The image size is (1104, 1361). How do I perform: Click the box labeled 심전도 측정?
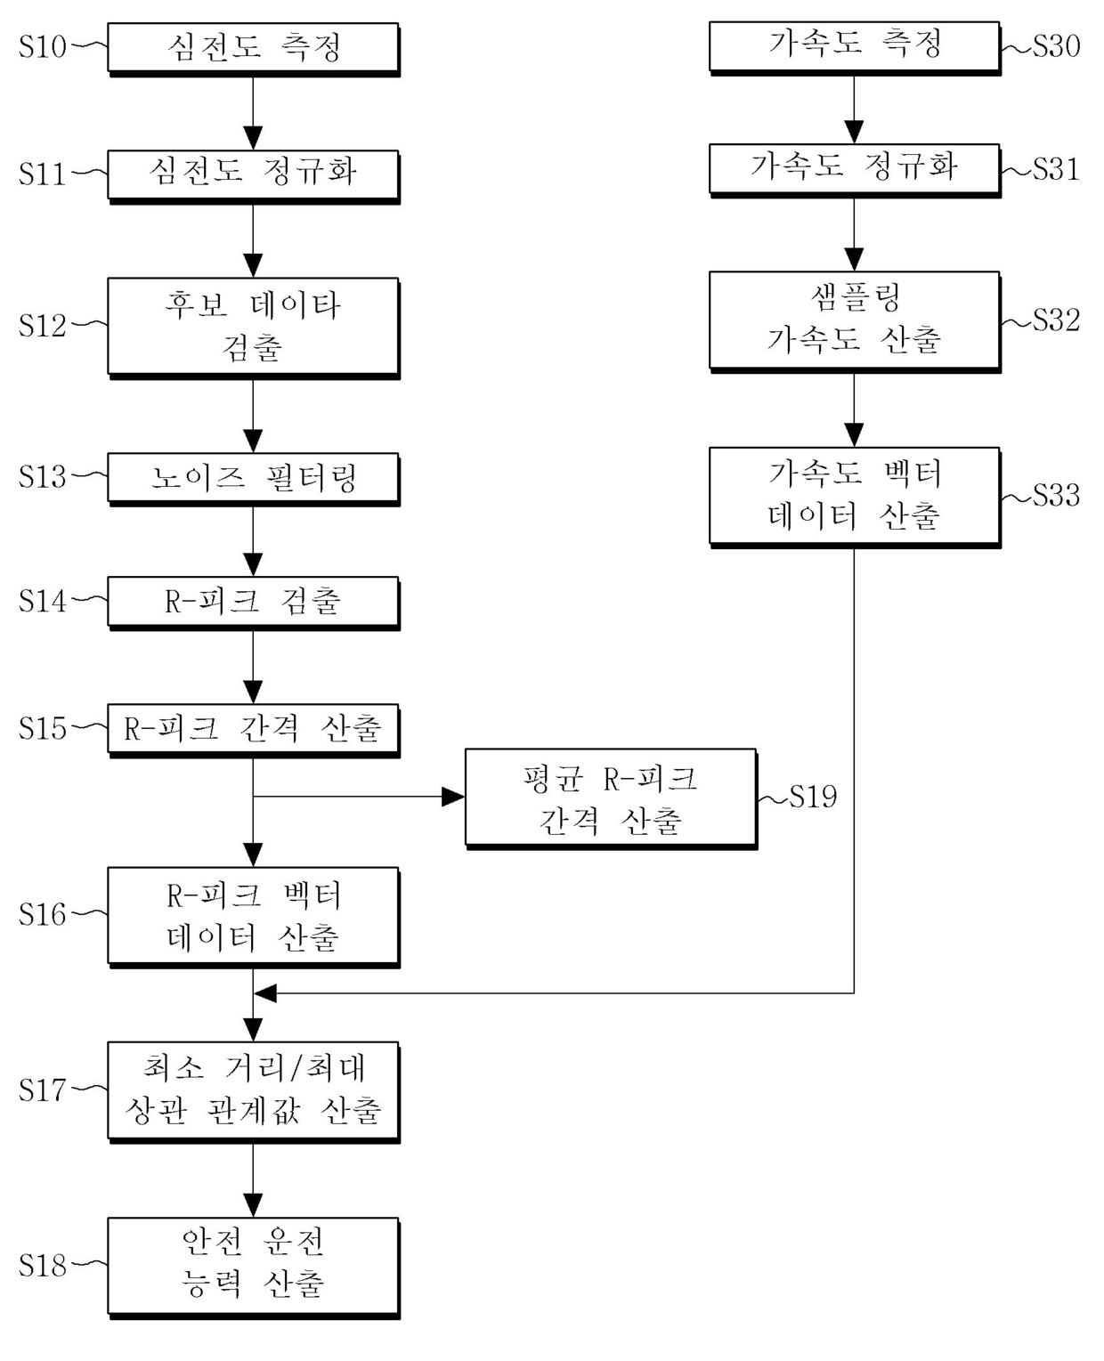click(253, 48)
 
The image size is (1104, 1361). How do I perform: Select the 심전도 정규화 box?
click(253, 173)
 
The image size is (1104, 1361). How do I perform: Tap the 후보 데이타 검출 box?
click(253, 326)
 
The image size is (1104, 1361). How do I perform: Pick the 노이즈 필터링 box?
click(253, 478)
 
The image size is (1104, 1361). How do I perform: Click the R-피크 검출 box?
click(253, 602)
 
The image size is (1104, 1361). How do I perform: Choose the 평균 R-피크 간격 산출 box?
click(610, 798)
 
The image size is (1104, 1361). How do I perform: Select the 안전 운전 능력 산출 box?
click(253, 1265)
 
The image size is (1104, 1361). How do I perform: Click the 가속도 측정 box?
click(854, 45)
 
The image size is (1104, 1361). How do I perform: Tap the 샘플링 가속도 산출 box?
click(854, 320)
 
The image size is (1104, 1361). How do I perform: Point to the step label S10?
click(42, 46)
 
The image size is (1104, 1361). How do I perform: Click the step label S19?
click(813, 797)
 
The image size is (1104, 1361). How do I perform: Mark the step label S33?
click(1056, 496)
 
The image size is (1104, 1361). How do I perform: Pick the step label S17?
click(42, 1090)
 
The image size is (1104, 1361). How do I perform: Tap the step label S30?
click(1056, 45)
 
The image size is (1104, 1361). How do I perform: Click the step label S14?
click(42, 602)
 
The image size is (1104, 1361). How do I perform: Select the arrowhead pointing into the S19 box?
click(453, 797)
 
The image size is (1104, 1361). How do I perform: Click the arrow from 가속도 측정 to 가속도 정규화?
click(854, 108)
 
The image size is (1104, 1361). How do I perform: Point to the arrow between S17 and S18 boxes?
click(253, 1180)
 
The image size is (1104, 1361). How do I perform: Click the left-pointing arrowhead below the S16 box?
click(265, 992)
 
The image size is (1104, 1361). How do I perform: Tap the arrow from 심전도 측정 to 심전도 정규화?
click(253, 111)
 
